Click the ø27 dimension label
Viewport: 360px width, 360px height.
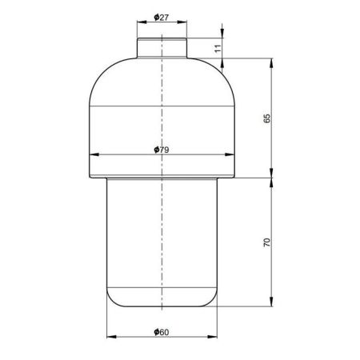(x=162, y=18)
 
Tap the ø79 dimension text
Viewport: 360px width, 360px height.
(x=162, y=150)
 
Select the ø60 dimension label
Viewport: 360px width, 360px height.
(x=162, y=332)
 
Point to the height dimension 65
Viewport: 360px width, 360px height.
(x=266, y=118)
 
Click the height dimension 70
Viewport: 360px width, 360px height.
(x=266, y=242)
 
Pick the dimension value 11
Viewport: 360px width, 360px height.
(x=218, y=49)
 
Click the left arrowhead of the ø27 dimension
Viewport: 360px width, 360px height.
(x=142, y=22)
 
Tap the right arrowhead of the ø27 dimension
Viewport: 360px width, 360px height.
(x=182, y=22)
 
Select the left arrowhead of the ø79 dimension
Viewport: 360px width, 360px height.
(x=94, y=154)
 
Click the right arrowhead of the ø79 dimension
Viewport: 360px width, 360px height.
(x=230, y=154)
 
